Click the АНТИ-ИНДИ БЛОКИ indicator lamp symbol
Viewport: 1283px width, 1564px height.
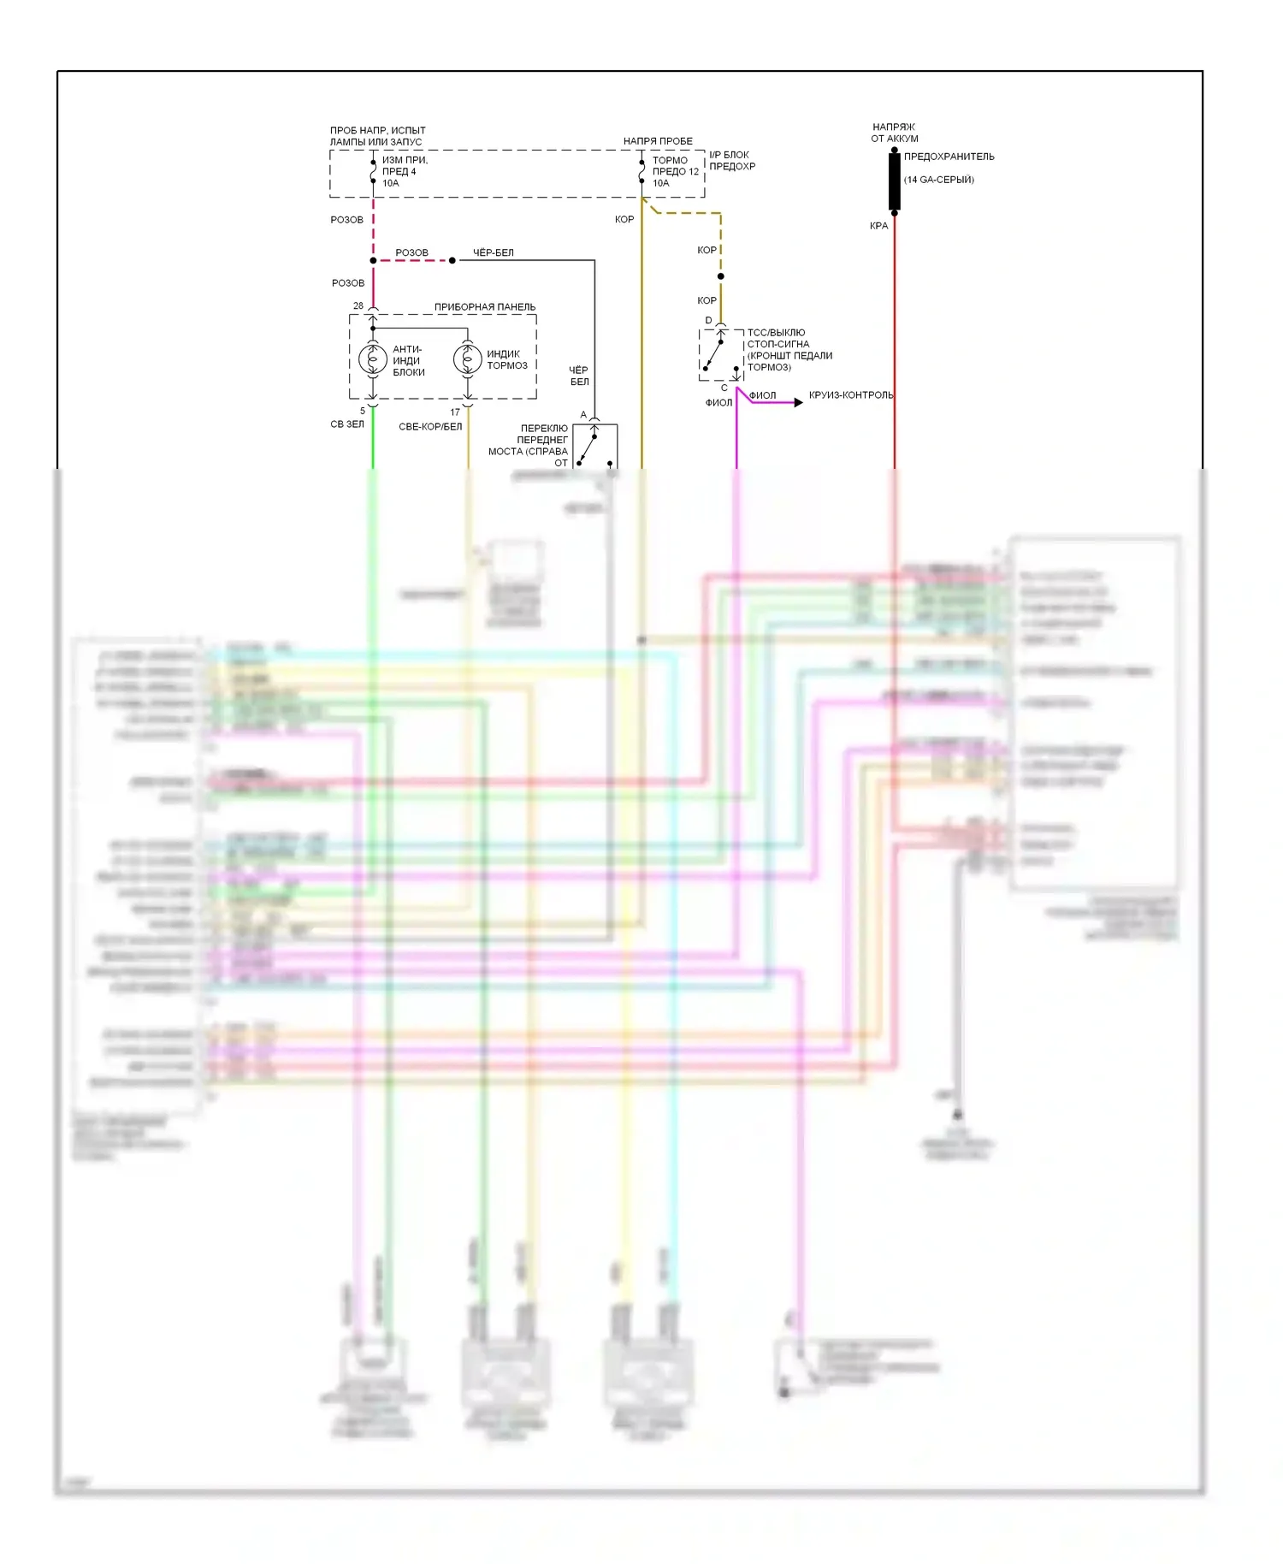[x=372, y=359]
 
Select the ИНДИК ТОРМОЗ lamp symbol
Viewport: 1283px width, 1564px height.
[x=467, y=359]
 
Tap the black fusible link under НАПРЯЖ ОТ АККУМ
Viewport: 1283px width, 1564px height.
[x=894, y=181]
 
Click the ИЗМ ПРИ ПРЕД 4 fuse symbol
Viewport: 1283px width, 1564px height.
[x=373, y=171]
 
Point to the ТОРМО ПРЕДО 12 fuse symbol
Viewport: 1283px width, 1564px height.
[x=641, y=171]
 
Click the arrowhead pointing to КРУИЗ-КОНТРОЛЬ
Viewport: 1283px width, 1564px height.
[x=798, y=402]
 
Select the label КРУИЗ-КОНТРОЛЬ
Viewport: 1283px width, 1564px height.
[x=850, y=395]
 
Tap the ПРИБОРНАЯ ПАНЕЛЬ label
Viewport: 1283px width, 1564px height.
[x=484, y=307]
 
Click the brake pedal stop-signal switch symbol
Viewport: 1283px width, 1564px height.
[x=720, y=354]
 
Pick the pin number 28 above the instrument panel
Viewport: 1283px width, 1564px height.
[x=358, y=305]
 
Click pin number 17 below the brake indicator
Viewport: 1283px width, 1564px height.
[x=455, y=412]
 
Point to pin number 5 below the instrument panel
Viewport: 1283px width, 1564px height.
[x=363, y=412]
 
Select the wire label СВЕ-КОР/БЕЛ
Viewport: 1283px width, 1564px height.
[x=429, y=426]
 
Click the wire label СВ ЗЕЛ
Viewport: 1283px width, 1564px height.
[x=347, y=424]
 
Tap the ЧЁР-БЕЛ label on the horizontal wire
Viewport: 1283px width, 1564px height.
[x=494, y=252]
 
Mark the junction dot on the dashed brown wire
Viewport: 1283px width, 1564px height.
[x=720, y=276]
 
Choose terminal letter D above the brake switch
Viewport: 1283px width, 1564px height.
[x=708, y=321]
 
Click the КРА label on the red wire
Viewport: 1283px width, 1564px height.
[x=878, y=226]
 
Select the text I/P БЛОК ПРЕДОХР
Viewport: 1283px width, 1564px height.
[x=731, y=161]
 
